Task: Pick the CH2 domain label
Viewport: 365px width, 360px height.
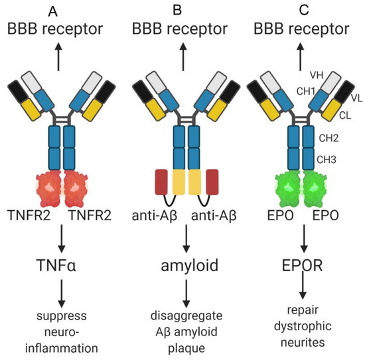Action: [x=326, y=139]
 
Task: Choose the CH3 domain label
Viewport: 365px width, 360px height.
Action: [x=326, y=160]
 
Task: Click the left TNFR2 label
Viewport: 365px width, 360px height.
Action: [x=31, y=215]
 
